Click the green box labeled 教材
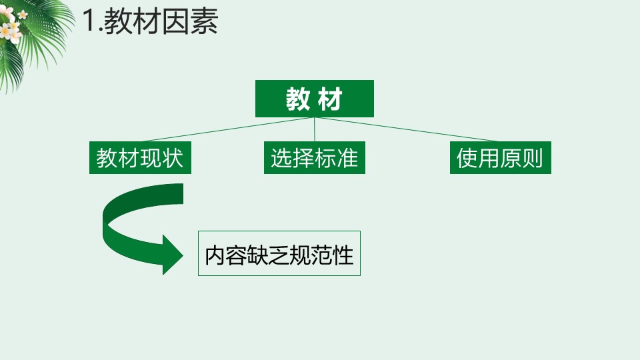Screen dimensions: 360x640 (314, 99)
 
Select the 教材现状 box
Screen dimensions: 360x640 (140, 159)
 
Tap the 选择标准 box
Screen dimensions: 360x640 (314, 159)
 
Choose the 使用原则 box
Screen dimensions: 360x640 (500, 159)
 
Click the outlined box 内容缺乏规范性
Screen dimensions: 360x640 (279, 253)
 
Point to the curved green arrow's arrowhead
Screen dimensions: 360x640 (172, 254)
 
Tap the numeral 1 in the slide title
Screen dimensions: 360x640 (90, 22)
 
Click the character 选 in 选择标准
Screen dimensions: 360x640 (281, 159)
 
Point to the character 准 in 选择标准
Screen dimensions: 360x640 (347, 159)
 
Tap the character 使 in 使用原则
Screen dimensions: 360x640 (467, 159)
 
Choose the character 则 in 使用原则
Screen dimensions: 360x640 (533, 159)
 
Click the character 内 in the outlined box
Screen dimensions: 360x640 (216, 254)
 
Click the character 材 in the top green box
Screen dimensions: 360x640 (331, 99)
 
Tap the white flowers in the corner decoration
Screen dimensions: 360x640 (11, 28)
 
